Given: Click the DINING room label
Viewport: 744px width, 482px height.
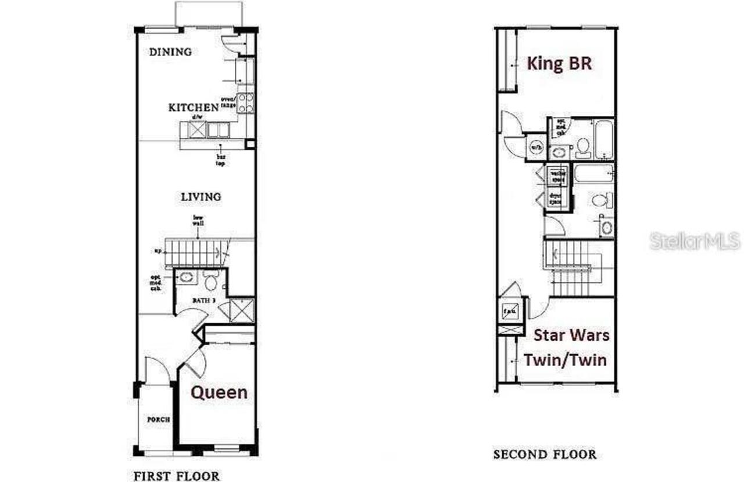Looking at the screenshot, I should pos(170,52).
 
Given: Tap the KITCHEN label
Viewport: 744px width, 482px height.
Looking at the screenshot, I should pos(194,108).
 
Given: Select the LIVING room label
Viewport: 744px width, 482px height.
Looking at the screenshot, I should pos(201,197).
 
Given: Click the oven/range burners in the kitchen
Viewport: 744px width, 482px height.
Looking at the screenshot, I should pos(245,103).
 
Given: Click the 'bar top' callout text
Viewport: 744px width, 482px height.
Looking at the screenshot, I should pos(221,160).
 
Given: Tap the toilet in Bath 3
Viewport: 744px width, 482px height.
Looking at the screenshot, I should pos(210,282).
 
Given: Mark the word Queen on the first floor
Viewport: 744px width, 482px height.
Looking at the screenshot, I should pos(219,392).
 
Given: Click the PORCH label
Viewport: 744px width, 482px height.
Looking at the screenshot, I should pos(158,420).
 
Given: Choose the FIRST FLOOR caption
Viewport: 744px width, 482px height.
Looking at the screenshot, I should pos(177,476).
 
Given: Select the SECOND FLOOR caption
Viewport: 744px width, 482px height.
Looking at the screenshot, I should pos(545,454).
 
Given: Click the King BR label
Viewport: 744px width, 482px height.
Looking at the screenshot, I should pos(559,63).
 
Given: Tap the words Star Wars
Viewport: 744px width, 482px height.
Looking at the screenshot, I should pos(571,335).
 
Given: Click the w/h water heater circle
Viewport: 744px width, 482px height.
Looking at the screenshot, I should pos(535,147).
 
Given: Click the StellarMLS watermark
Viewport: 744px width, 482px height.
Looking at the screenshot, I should pos(695,240).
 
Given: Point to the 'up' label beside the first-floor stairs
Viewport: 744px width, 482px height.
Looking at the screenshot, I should pos(157,251).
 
